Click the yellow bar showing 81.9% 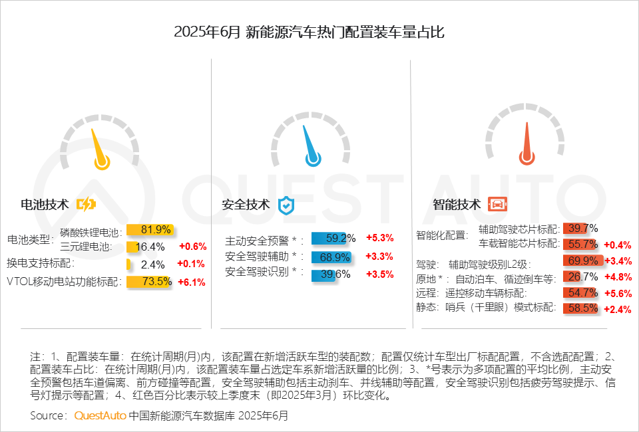click(x=150, y=230)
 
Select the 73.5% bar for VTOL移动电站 click(x=150, y=281)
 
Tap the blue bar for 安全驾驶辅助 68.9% click(x=331, y=257)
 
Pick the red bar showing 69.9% click(x=583, y=260)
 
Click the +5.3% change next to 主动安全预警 click(x=379, y=238)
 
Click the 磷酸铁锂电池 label click(x=90, y=233)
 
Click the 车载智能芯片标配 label click(x=518, y=244)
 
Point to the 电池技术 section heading click(x=45, y=204)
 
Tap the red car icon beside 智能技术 click(x=495, y=204)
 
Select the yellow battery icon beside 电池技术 click(x=86, y=204)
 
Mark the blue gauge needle click(x=310, y=147)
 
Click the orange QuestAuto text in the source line click(x=99, y=415)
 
